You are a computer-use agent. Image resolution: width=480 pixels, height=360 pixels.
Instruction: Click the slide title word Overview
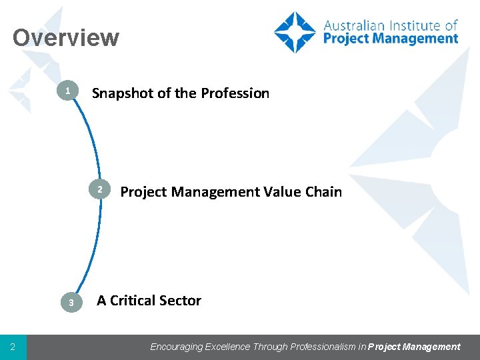tap(65, 37)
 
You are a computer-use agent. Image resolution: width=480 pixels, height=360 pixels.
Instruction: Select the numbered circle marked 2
tap(99, 191)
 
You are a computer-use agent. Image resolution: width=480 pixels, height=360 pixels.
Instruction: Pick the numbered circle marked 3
tap(71, 303)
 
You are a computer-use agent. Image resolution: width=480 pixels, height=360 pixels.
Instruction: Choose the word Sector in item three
tap(181, 301)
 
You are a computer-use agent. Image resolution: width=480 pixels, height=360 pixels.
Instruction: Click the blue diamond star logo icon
tap(295, 32)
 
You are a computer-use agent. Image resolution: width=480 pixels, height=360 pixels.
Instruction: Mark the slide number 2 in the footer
tap(13, 347)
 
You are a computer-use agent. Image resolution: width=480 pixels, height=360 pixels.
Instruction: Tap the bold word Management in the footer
tap(433, 347)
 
